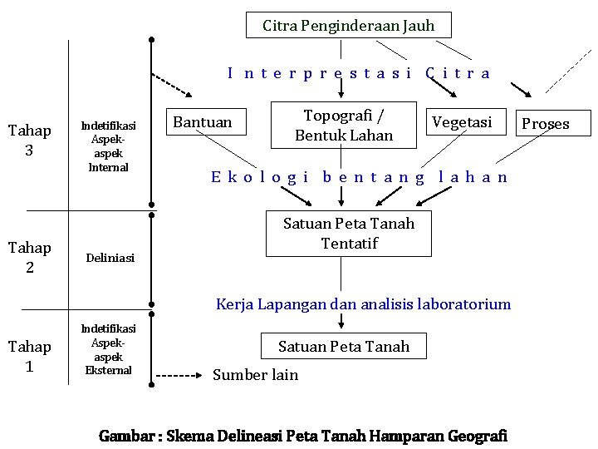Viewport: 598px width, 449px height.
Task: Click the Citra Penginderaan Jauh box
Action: [x=349, y=25]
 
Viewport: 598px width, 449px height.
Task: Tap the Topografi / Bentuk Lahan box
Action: [x=344, y=125]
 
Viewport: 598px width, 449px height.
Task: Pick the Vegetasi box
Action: [x=463, y=121]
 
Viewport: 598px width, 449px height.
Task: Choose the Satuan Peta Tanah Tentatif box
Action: [x=348, y=233]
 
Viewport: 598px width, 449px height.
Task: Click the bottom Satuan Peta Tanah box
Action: [x=344, y=346]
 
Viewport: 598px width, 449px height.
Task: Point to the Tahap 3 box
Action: [x=29, y=140]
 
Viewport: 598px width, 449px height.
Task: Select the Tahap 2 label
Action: [x=29, y=257]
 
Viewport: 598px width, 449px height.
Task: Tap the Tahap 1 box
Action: [x=29, y=356]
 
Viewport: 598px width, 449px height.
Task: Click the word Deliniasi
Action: [x=110, y=258]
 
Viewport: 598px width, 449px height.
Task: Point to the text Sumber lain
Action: [x=255, y=375]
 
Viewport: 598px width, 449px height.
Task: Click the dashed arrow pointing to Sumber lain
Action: [x=181, y=376]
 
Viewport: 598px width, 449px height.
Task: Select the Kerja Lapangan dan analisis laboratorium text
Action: [x=363, y=303]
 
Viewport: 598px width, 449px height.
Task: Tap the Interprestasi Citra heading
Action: [x=359, y=73]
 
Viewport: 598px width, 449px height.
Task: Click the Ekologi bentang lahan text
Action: [x=359, y=176]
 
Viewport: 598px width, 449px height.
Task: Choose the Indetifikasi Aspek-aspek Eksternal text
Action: [x=109, y=349]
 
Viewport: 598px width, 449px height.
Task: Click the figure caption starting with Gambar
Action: [x=302, y=436]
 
